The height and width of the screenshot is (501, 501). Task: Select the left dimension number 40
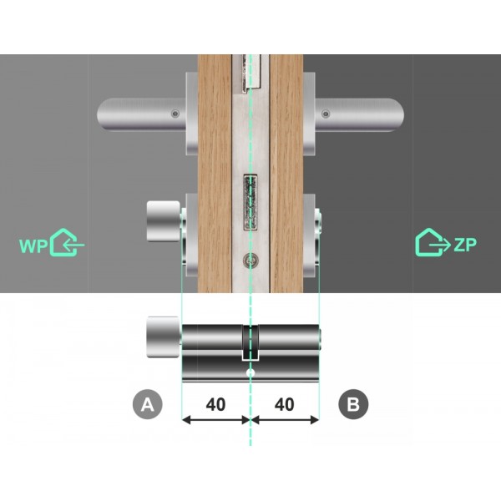[x=215, y=404]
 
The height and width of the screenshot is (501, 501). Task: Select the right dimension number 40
[x=284, y=404]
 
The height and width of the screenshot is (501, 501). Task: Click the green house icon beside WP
[x=67, y=243]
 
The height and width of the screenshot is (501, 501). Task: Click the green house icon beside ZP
[x=432, y=242]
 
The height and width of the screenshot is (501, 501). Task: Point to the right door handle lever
[x=363, y=112]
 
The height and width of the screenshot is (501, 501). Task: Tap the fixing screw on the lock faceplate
[x=250, y=261]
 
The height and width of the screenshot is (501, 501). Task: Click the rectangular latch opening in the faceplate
[x=250, y=203]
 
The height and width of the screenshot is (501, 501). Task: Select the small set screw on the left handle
[x=174, y=114]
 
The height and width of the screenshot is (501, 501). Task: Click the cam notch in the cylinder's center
[x=250, y=342]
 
